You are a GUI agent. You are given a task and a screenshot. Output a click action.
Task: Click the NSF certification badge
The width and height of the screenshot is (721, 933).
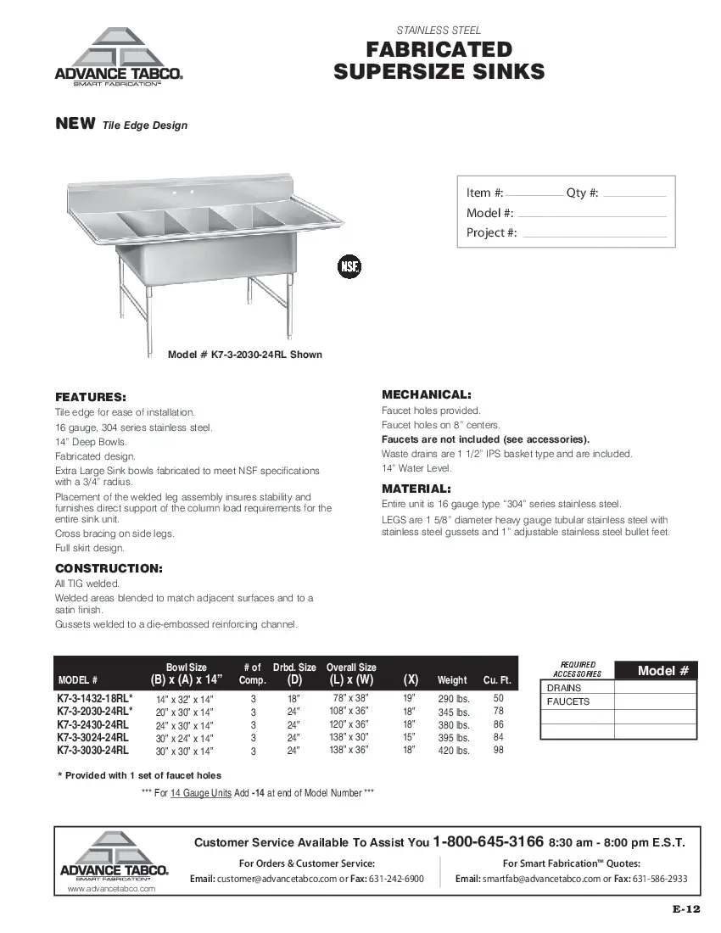(349, 266)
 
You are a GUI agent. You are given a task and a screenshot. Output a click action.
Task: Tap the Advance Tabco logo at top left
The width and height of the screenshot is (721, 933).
(119, 58)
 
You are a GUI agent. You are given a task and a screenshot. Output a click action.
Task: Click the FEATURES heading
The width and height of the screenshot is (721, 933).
(91, 397)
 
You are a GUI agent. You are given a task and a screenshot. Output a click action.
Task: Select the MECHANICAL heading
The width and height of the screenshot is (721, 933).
(427, 394)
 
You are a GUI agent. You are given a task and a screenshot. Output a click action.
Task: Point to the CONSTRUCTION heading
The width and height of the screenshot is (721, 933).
(109, 567)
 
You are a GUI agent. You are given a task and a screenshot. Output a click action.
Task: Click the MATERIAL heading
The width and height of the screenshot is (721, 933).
(416, 489)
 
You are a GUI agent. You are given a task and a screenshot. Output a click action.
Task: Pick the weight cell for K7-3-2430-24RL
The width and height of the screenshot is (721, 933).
(453, 725)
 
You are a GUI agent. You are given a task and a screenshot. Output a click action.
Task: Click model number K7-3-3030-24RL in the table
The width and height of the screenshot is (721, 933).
(93, 751)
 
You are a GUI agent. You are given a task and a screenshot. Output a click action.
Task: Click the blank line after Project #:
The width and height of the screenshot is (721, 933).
(592, 234)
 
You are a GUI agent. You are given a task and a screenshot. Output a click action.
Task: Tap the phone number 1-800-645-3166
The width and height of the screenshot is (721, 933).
(488, 842)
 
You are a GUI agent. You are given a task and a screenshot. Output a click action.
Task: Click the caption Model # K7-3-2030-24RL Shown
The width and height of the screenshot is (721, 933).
(245, 355)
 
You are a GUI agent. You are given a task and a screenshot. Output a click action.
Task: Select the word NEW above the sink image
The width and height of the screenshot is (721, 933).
(75, 124)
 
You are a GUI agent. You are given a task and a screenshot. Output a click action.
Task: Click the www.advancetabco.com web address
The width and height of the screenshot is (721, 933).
(111, 889)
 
